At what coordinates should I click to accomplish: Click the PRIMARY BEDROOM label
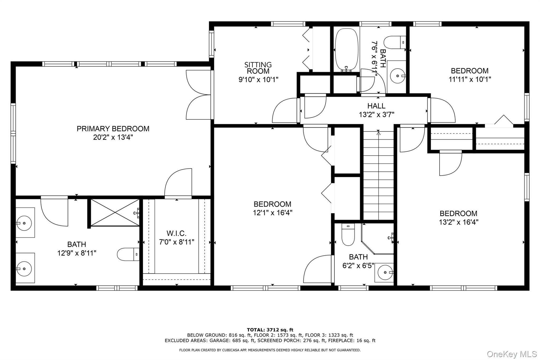click(x=113, y=129)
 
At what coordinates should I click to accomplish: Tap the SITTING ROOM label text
click(x=258, y=68)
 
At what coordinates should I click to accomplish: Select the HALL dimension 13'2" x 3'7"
click(x=376, y=114)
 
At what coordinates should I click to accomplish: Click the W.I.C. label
click(x=176, y=233)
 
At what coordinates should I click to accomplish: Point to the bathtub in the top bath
click(x=346, y=50)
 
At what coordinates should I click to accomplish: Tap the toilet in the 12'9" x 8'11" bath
click(x=128, y=254)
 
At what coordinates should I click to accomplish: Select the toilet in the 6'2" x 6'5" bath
click(x=348, y=234)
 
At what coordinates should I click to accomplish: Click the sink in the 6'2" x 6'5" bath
click(x=385, y=272)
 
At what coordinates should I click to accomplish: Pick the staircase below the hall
click(x=379, y=175)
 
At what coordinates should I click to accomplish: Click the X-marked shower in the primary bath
click(x=115, y=213)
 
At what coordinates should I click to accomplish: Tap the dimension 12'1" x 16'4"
click(x=273, y=213)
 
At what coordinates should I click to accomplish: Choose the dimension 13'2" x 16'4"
click(x=459, y=222)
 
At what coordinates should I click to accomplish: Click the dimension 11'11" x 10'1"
click(x=470, y=79)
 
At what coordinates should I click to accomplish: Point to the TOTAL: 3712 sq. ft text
click(x=270, y=330)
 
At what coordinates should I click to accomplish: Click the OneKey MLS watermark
click(x=512, y=354)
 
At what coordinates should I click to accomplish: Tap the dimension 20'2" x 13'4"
click(x=113, y=137)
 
